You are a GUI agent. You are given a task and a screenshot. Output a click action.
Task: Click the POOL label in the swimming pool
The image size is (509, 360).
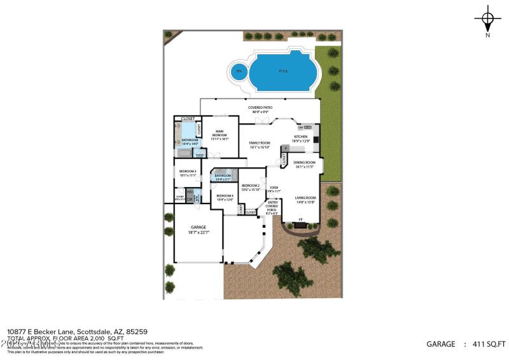click(x=283, y=71)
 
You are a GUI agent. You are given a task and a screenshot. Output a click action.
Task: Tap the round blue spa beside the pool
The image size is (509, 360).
click(x=240, y=71)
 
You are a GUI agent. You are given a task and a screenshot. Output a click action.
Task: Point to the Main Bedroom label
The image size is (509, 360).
click(x=220, y=134)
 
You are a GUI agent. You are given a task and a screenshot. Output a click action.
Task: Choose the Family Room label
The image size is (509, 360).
click(x=260, y=144)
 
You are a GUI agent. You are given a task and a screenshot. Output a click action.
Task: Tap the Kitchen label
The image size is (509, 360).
click(x=300, y=139)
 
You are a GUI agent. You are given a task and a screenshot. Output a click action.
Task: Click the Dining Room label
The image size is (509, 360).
click(x=304, y=165)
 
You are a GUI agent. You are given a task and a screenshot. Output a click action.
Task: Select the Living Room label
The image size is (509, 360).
click(x=305, y=200)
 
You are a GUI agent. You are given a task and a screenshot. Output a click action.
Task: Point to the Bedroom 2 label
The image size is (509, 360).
click(x=251, y=187)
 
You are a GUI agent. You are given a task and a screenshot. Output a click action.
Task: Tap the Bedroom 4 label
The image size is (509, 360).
click(x=225, y=198)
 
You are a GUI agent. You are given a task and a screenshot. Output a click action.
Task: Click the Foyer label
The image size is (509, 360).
click(x=274, y=190)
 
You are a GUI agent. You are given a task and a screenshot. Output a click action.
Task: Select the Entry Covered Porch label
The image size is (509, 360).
click(x=272, y=207)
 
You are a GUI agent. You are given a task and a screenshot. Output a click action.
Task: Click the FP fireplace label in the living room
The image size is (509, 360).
click(x=301, y=220)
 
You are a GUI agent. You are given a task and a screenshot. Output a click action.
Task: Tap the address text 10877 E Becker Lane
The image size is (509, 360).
click(x=41, y=331)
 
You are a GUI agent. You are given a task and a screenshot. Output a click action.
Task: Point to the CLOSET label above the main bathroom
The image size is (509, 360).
click(x=188, y=119)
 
